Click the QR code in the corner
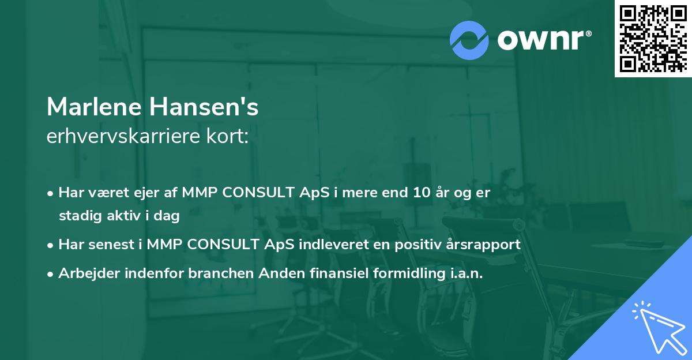(x=653, y=39)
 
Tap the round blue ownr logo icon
(x=469, y=40)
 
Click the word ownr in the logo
(x=542, y=40)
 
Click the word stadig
(x=77, y=217)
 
